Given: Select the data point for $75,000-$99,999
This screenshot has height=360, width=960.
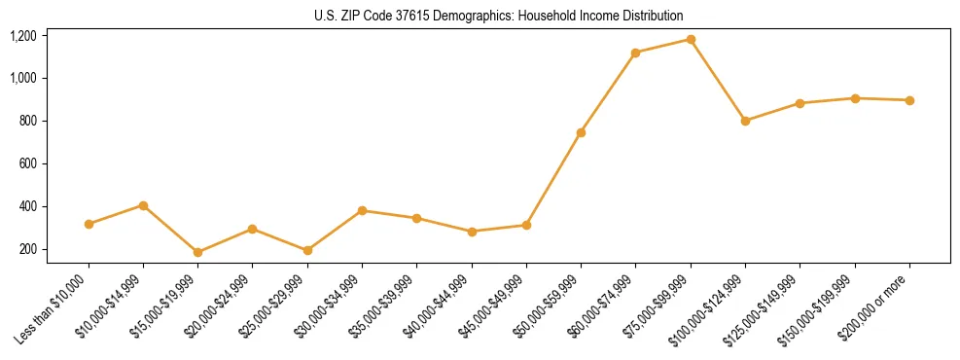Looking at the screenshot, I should tap(691, 40).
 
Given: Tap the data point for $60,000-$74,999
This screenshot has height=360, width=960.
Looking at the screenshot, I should tap(635, 53).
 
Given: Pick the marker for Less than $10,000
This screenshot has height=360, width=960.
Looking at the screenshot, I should tap(89, 224).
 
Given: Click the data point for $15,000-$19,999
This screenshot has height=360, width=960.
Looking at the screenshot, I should tap(197, 252).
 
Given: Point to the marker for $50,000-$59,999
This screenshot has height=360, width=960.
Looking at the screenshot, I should tap(581, 132).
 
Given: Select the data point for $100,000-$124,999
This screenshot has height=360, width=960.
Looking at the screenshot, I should tap(745, 121).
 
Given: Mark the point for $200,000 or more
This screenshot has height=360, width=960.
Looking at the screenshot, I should tap(909, 100).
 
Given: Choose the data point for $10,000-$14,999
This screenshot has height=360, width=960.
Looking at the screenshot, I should tap(143, 205).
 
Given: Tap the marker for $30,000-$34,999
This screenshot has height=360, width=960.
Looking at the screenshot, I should tap(362, 210).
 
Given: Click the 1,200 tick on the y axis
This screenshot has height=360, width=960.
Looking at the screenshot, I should tap(23, 36).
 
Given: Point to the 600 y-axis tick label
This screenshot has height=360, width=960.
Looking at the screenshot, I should tap(27, 163).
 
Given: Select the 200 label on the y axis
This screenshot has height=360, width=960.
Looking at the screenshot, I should tap(27, 249).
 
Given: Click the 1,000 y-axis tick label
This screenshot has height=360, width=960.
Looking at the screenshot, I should tap(23, 78).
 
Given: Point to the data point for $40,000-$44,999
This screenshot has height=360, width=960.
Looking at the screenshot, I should tap(472, 232).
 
